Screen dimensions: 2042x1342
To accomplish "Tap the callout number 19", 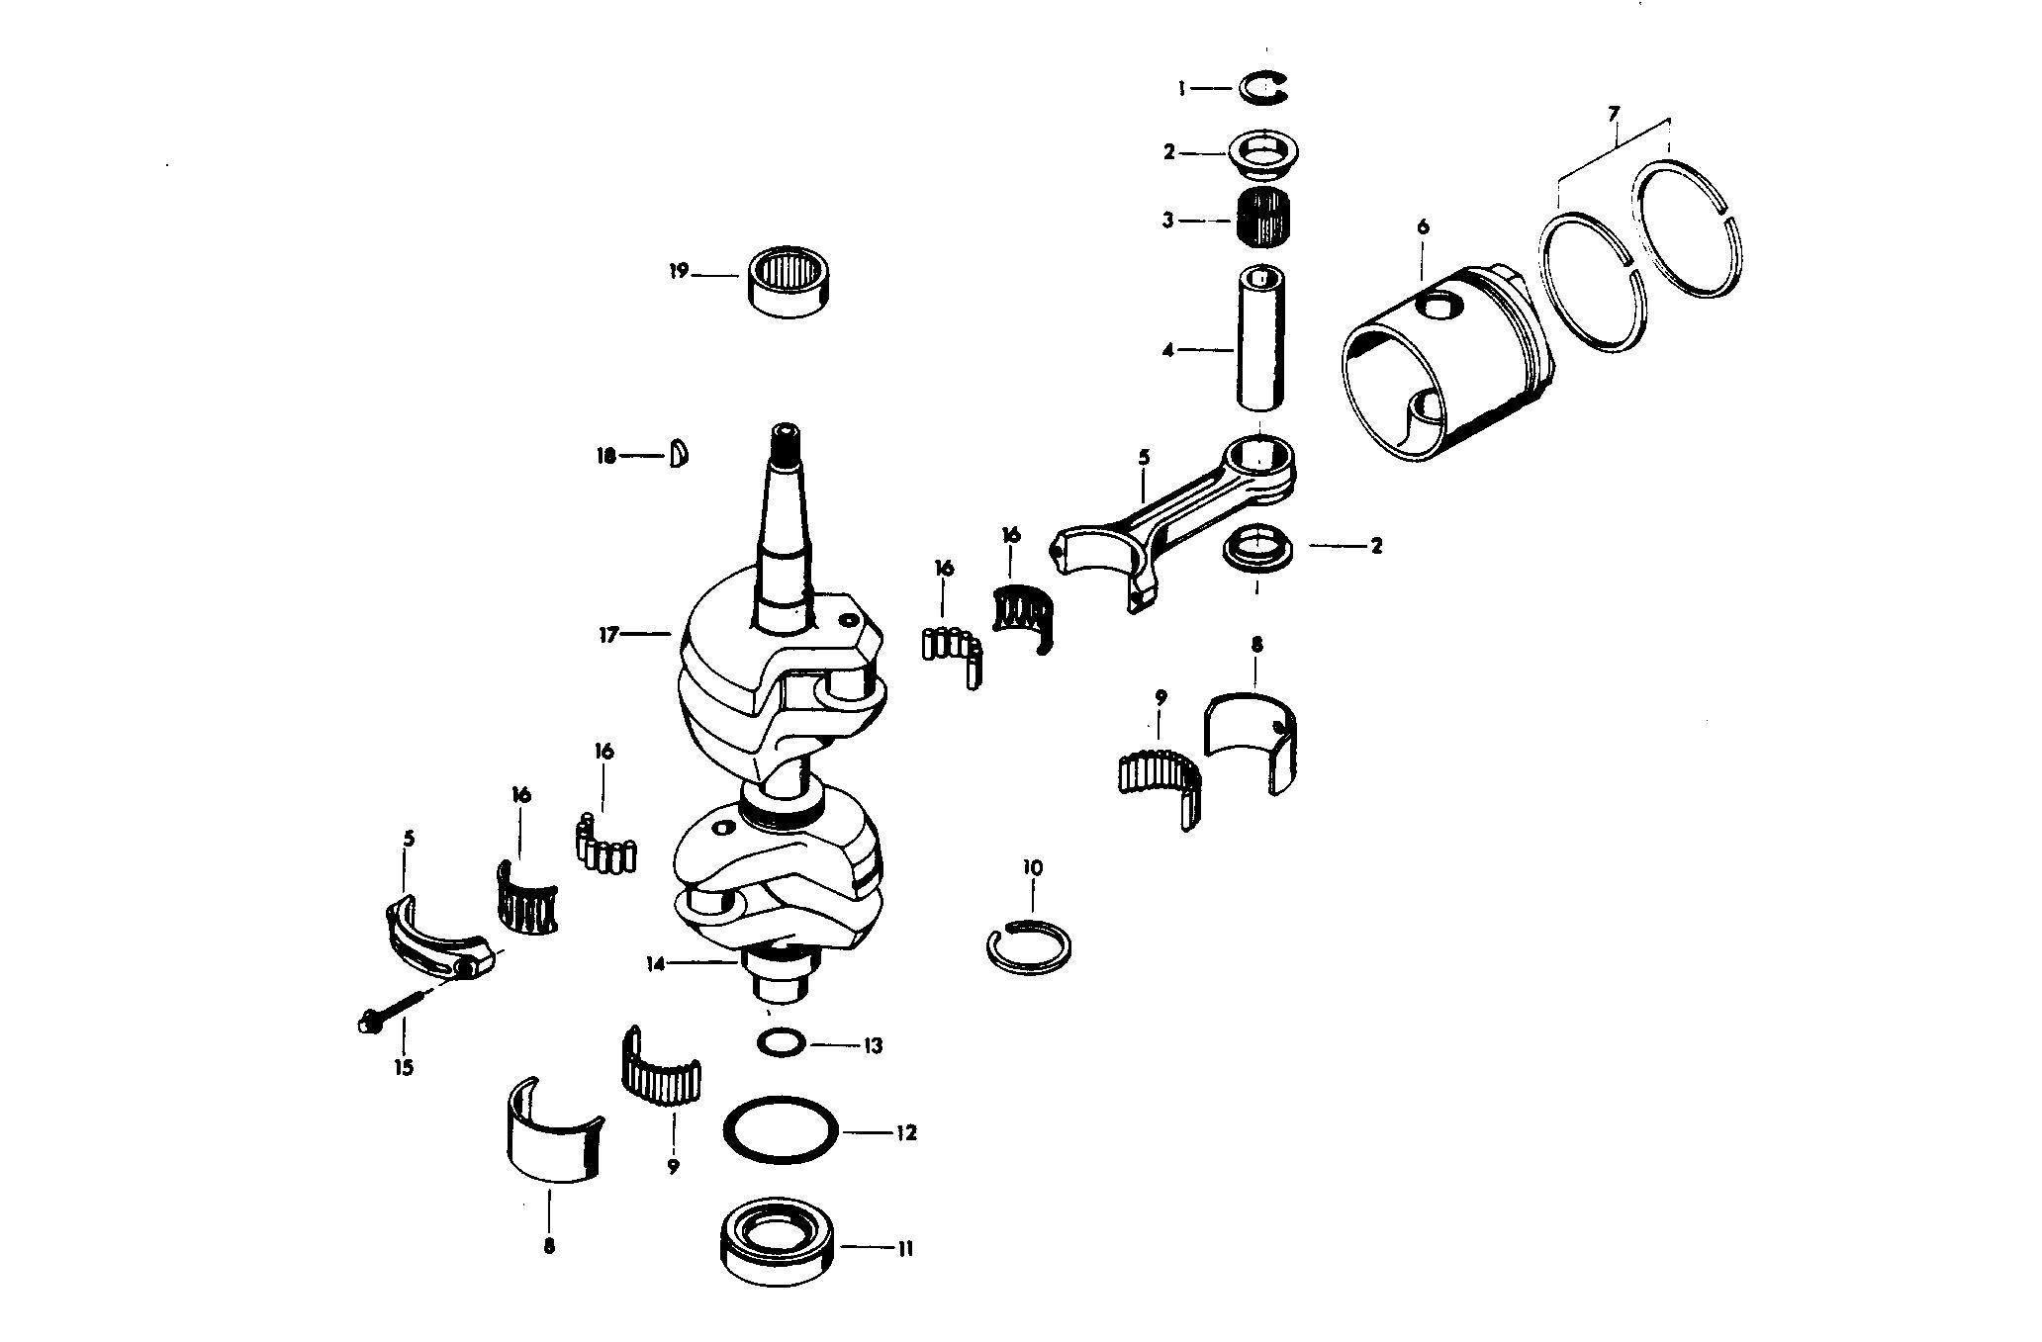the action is (678, 271).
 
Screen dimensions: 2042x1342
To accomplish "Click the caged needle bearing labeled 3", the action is (1262, 218).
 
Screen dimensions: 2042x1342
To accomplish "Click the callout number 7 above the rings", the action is (1614, 115).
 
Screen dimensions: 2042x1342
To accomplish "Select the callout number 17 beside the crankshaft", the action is (607, 634).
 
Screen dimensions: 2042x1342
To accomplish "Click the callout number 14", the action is (657, 961).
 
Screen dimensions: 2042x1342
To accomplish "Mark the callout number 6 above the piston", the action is (1423, 226).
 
